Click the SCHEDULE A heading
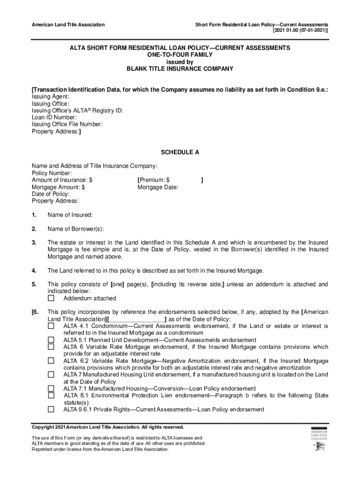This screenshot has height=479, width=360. pos(180,152)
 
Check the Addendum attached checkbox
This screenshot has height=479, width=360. pos(51,298)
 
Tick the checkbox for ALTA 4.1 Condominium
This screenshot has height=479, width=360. pos(51,326)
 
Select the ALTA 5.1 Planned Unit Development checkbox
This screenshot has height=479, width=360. pos(51,340)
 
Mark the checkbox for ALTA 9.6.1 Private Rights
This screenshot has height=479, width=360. pos(51,409)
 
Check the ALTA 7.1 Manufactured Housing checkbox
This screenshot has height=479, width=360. pos(51,389)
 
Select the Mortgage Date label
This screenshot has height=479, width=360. pos(158,187)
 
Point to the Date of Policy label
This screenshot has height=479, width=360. pos(50,194)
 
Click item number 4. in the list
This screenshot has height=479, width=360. pos(34,270)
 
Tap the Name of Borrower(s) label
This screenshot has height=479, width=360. pos(75,229)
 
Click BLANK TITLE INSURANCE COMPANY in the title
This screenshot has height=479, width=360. pos(180,69)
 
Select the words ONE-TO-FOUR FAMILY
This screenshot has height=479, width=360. pos(180,55)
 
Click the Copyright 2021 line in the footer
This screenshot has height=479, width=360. pos(108,427)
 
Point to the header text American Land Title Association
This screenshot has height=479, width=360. pos(68,24)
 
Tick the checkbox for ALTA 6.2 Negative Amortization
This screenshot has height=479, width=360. pos(51,361)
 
